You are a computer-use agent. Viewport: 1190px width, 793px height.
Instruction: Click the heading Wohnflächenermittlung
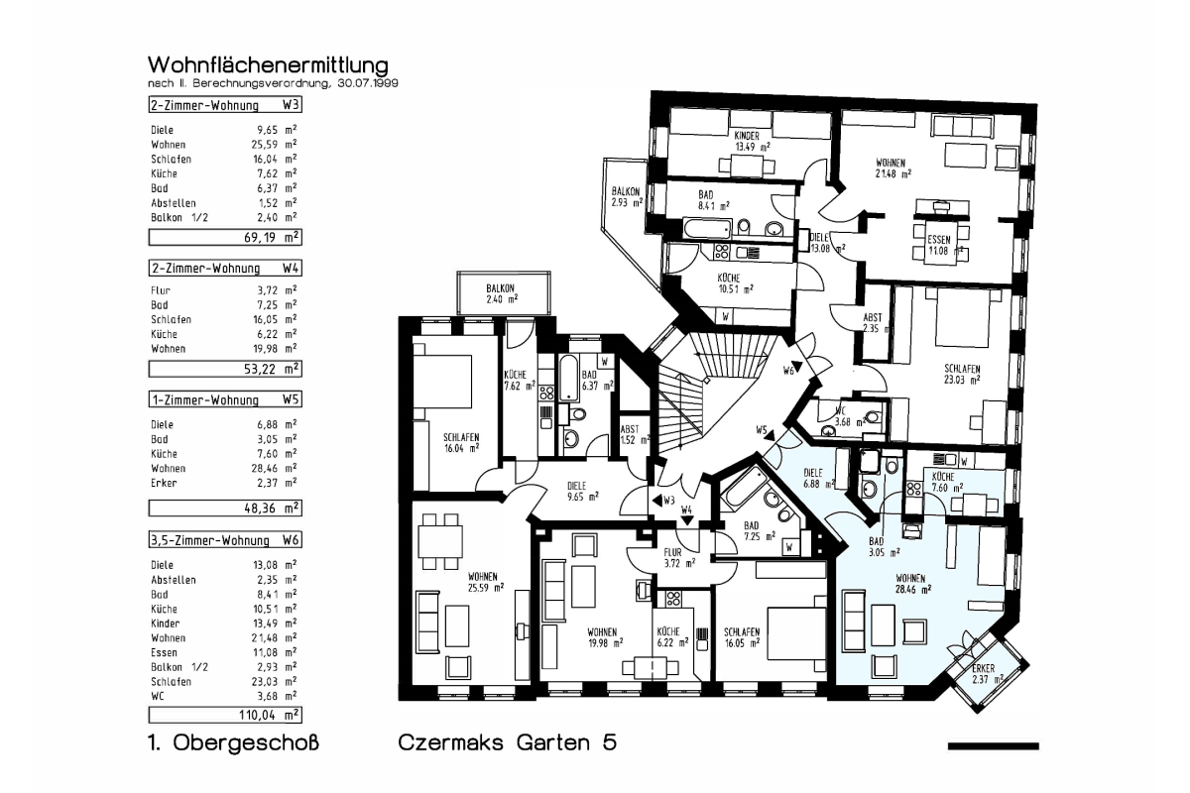(268, 64)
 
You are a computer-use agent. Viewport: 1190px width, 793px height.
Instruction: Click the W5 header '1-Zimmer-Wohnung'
(205, 399)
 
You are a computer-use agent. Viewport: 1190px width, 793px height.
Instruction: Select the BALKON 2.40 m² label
(502, 293)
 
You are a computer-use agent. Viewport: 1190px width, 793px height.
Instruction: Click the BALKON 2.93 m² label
(627, 196)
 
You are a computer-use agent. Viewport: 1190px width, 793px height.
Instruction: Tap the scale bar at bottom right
(993, 746)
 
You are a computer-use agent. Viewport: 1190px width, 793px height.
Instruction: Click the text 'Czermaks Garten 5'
(508, 742)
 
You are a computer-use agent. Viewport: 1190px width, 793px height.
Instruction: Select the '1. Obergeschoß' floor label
(233, 742)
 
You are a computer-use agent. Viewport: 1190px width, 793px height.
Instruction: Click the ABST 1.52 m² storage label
(635, 434)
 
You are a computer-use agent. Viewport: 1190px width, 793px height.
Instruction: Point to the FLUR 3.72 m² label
(679, 558)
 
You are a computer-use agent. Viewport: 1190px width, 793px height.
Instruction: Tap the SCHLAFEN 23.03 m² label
(962, 374)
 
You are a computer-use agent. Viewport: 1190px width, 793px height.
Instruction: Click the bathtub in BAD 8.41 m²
(708, 229)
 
